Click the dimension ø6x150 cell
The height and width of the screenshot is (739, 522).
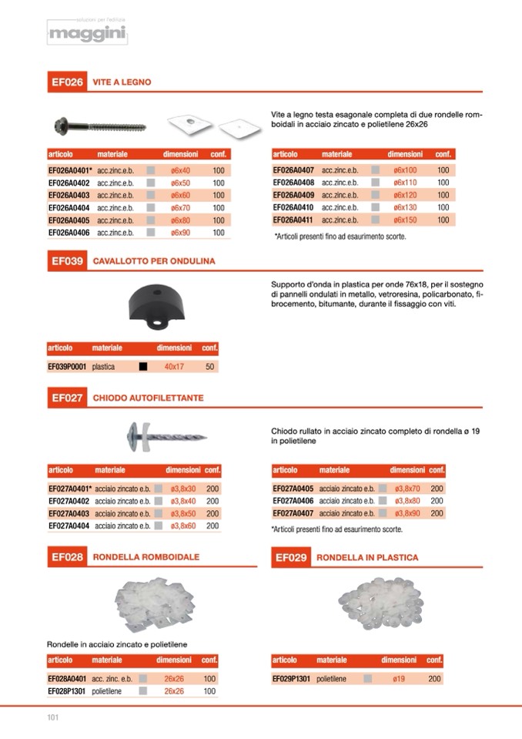(x=405, y=220)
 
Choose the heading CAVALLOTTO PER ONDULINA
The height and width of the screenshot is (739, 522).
(x=154, y=261)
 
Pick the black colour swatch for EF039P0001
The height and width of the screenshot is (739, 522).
(x=143, y=367)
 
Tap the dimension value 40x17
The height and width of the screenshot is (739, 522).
(x=174, y=367)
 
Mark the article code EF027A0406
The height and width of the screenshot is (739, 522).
(x=293, y=501)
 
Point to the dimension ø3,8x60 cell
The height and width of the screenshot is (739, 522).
(x=183, y=526)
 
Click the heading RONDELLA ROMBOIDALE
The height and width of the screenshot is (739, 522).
(x=146, y=556)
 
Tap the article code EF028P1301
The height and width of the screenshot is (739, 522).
(x=67, y=691)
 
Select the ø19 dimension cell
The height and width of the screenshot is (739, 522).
(x=400, y=679)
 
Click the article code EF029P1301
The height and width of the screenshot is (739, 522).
(x=292, y=679)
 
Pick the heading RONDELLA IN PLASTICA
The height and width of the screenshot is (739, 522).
(x=367, y=556)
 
